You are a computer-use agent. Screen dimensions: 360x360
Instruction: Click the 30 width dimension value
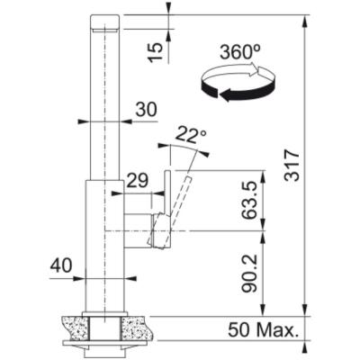(145, 108)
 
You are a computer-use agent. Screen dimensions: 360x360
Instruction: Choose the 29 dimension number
(136, 180)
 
